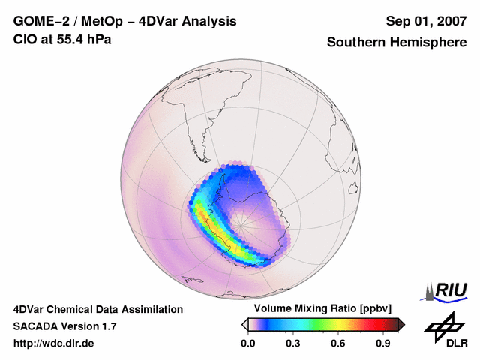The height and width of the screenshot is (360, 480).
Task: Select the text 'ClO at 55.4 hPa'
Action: point(62,38)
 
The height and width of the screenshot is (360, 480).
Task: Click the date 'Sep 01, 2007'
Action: point(426,21)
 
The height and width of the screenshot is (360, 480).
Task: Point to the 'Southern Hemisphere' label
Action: point(397,43)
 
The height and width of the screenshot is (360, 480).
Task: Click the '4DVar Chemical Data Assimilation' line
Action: point(97,309)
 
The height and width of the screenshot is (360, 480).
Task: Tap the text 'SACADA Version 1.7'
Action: point(64,326)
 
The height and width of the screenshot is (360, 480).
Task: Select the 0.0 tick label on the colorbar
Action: point(247,343)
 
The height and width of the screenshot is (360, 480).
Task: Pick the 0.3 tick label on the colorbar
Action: point(292,343)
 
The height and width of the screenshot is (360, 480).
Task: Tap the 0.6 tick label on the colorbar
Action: point(337,343)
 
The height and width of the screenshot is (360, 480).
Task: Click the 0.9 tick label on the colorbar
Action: point(382,343)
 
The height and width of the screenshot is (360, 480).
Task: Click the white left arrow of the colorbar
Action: point(244,324)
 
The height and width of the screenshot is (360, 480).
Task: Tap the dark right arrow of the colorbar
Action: point(401,324)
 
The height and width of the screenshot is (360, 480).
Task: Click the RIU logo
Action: point(447,290)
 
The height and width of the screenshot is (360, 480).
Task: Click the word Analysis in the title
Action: point(207,21)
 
